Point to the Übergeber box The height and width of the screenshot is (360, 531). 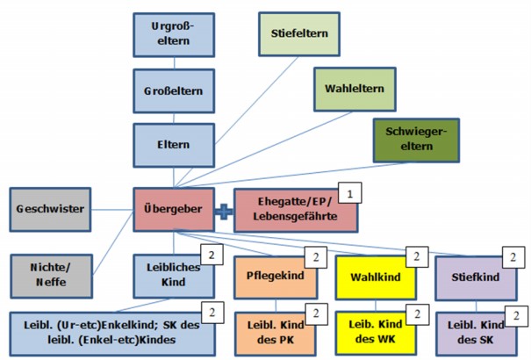click(174, 209)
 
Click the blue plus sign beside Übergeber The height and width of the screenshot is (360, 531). click(225, 210)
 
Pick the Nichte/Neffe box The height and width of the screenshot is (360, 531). click(49, 275)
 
